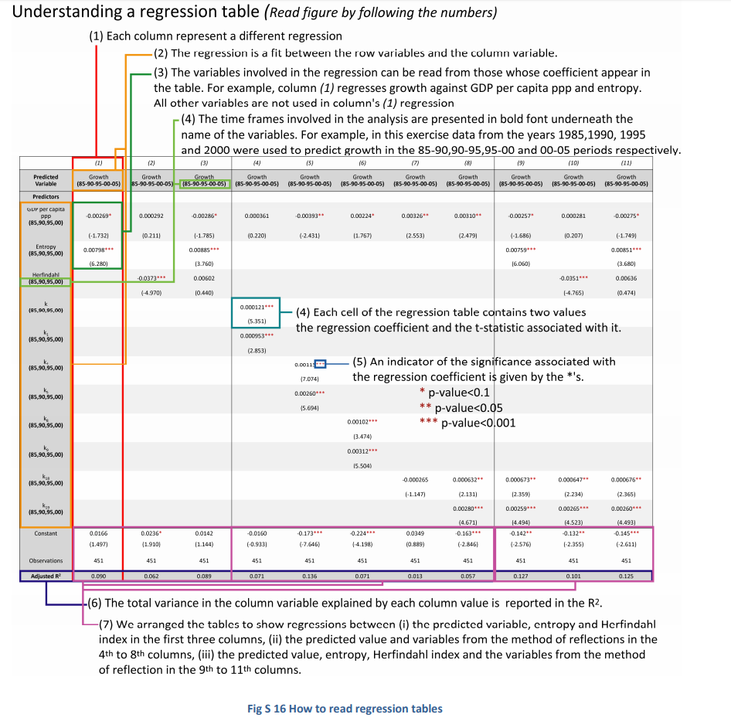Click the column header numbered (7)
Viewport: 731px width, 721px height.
[x=415, y=163]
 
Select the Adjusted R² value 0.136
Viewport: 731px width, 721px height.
[x=309, y=576]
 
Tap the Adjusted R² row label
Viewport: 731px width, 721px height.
[x=46, y=576]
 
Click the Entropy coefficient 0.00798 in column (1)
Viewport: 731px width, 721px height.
[x=97, y=250]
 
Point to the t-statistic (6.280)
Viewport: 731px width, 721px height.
[x=97, y=264]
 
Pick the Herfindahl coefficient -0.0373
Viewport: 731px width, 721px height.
[x=151, y=278]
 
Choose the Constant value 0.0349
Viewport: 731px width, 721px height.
[x=415, y=533]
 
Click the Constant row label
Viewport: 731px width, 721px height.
[x=46, y=533]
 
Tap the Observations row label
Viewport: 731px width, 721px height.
[x=46, y=561]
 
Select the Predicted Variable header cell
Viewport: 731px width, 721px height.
[x=46, y=181]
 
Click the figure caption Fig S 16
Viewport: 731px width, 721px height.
[x=344, y=709]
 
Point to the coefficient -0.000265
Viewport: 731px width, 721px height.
[x=415, y=480]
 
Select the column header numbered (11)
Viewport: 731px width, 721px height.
[x=626, y=163]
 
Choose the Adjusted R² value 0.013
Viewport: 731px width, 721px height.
[x=415, y=576]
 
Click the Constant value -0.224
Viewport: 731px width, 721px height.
[x=362, y=533]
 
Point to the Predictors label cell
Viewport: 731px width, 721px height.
[x=46, y=197]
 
